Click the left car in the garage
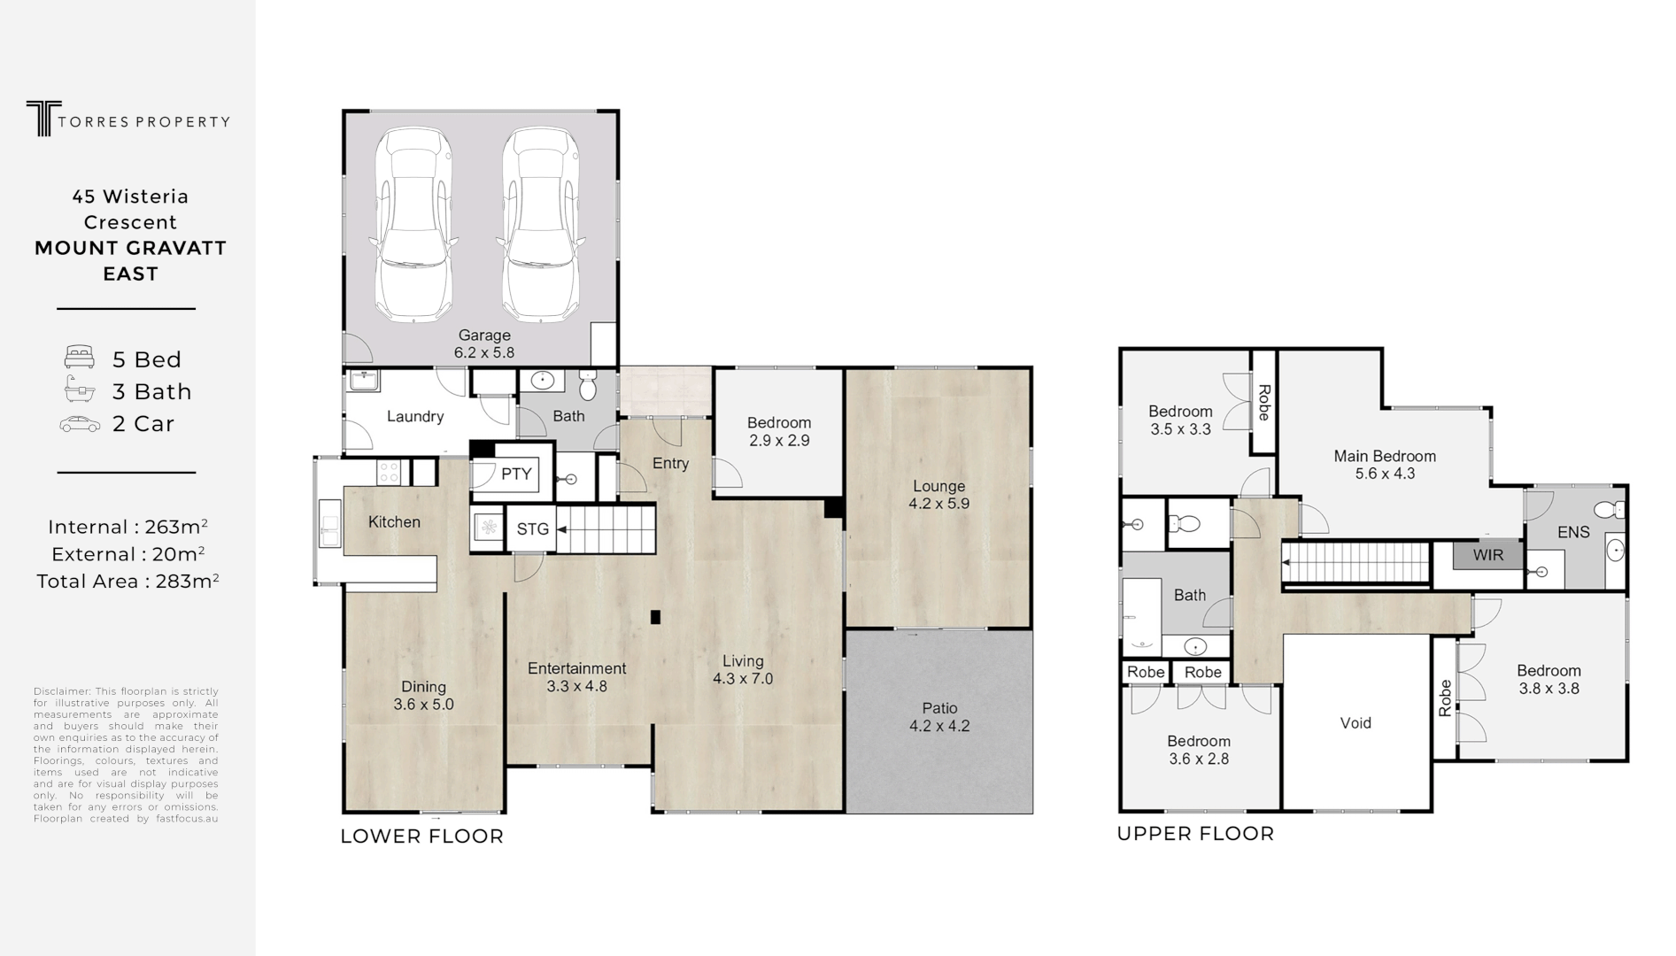pyautogui.click(x=413, y=226)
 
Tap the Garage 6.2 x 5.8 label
pyautogui.click(x=483, y=343)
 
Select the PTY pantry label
pyautogui.click(x=515, y=474)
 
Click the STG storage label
pyautogui.click(x=532, y=529)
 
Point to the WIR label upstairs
pyautogui.click(x=1487, y=556)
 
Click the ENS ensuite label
pyautogui.click(x=1573, y=532)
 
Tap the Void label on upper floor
pyautogui.click(x=1355, y=723)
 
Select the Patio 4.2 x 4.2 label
pyautogui.click(x=939, y=717)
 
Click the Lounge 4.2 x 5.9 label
pyautogui.click(x=938, y=495)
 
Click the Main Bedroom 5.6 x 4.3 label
pyautogui.click(x=1385, y=465)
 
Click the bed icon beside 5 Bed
pyautogui.click(x=80, y=358)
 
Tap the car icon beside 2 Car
pyautogui.click(x=80, y=424)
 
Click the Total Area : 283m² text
pyautogui.click(x=127, y=582)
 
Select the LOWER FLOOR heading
pyautogui.click(x=421, y=836)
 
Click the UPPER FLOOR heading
pyautogui.click(x=1195, y=834)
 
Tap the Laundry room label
pyautogui.click(x=414, y=417)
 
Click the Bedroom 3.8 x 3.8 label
pyautogui.click(x=1548, y=679)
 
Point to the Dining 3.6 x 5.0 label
pyautogui.click(x=423, y=696)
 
